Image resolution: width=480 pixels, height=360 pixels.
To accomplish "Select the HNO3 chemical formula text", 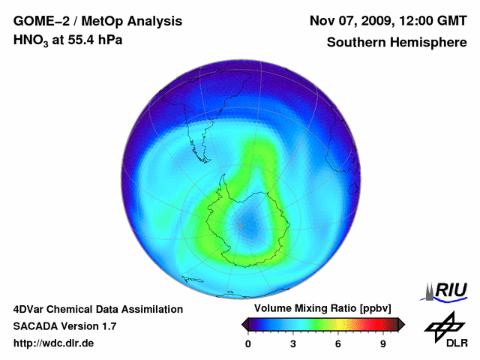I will pos(31,40).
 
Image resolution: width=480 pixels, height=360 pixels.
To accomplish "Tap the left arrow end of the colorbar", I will pos(244,324).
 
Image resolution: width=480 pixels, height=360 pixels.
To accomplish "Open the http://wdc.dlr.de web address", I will pos(54,343).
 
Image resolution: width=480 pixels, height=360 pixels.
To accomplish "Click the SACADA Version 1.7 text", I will pos(64,326).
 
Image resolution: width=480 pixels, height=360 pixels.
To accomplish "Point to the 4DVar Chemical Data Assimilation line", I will pos(97,309).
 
